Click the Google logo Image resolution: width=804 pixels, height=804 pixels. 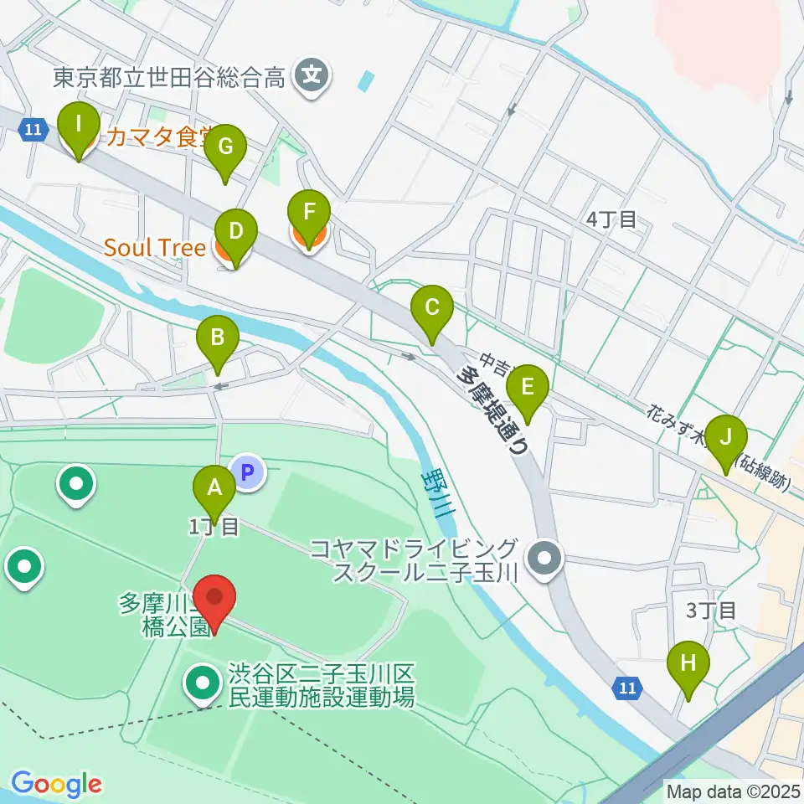[x=56, y=784]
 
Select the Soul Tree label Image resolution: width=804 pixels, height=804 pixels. [x=155, y=248]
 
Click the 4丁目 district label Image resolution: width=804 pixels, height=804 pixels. [x=611, y=220]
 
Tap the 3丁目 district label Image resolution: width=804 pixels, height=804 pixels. [x=710, y=610]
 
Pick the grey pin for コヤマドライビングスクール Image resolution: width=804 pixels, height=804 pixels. [x=545, y=557]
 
